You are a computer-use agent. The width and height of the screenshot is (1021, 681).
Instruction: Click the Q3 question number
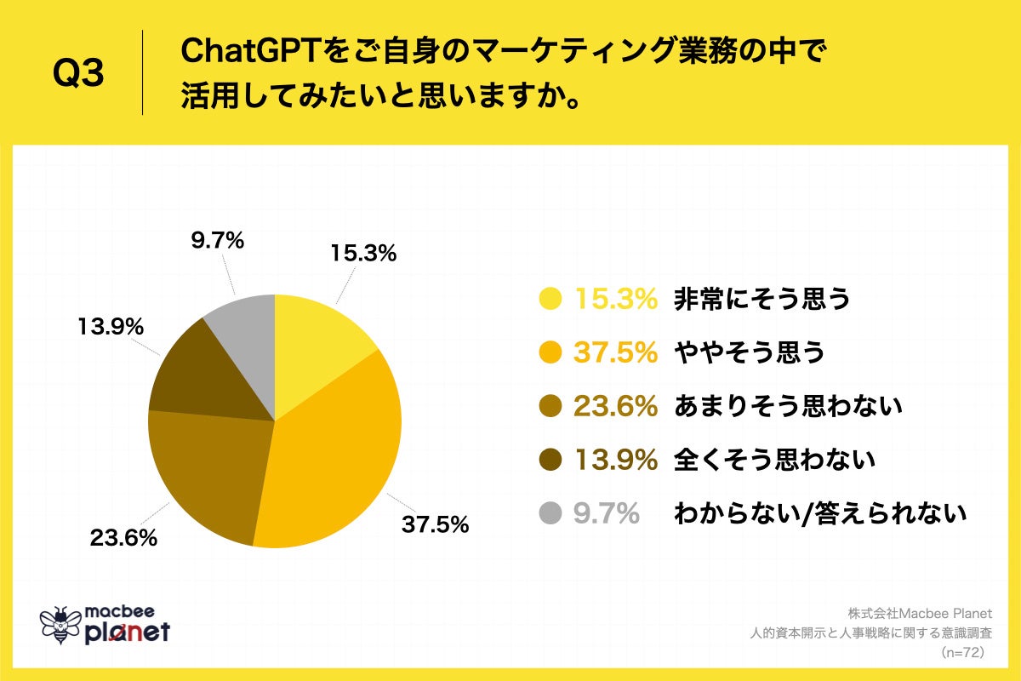(x=78, y=75)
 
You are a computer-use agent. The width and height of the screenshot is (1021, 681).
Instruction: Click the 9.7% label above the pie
(x=216, y=242)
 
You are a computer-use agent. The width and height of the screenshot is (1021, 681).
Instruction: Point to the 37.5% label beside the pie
(x=435, y=524)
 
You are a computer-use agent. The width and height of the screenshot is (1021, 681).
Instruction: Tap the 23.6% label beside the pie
(x=123, y=538)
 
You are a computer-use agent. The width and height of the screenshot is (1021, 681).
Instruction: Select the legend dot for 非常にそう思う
(x=551, y=299)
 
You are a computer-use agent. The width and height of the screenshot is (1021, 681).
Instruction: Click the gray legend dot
(x=551, y=513)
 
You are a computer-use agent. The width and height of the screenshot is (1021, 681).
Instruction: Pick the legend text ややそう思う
(x=750, y=352)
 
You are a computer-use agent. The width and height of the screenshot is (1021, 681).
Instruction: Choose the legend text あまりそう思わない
(x=787, y=407)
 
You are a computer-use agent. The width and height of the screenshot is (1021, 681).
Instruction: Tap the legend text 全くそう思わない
(x=774, y=461)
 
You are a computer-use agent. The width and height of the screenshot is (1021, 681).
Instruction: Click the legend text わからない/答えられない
(x=820, y=513)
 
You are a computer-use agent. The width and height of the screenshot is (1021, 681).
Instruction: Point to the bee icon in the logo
(x=60, y=626)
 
